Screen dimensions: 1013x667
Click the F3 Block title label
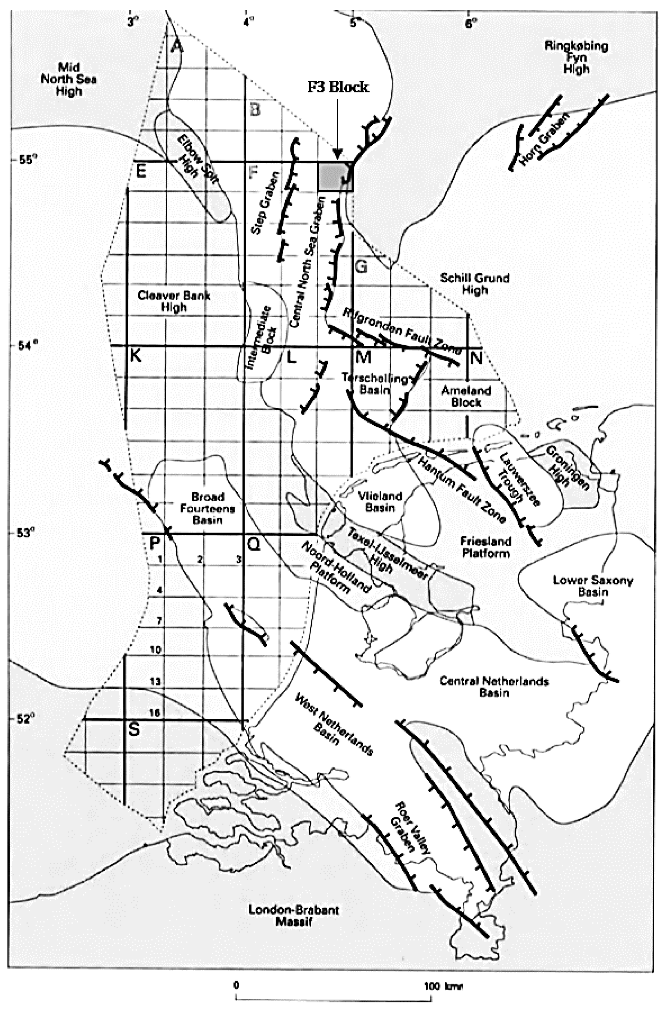[x=338, y=87]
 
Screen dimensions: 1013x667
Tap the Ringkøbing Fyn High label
[x=576, y=57]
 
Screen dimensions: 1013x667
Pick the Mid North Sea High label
[x=69, y=79]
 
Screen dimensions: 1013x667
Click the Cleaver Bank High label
[x=174, y=301]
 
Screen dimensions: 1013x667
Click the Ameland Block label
[x=466, y=396]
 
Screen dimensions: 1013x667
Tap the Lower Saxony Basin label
[x=593, y=586]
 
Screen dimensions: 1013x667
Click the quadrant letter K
[x=136, y=355]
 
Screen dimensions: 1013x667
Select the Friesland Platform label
[x=485, y=547]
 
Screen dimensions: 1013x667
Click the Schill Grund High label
[x=475, y=284]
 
